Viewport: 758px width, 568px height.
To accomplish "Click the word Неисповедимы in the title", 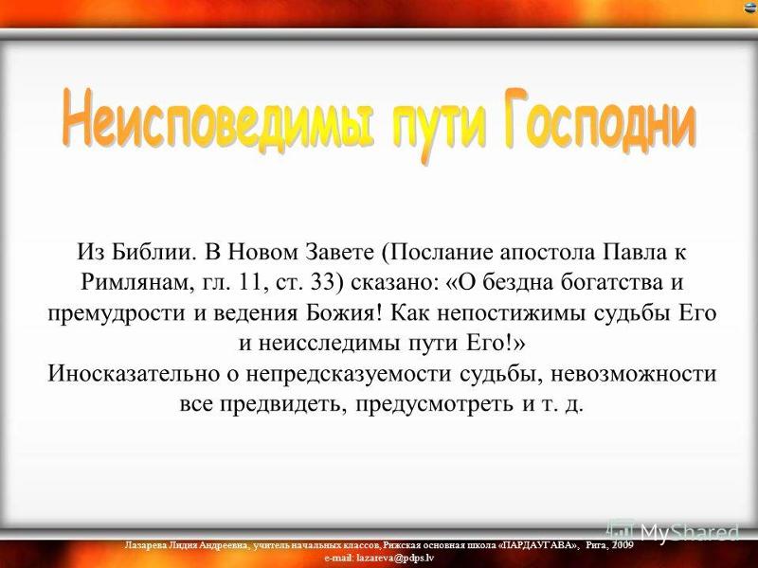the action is (218, 119).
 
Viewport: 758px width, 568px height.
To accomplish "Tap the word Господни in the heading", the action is (600, 121).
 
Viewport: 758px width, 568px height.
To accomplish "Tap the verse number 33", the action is (322, 282).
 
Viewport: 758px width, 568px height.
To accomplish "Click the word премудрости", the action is (117, 314).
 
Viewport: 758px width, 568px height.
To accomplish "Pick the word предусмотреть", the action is (435, 404).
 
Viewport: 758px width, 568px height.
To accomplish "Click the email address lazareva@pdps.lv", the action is (395, 558).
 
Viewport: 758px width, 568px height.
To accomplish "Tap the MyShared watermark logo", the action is (675, 532).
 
